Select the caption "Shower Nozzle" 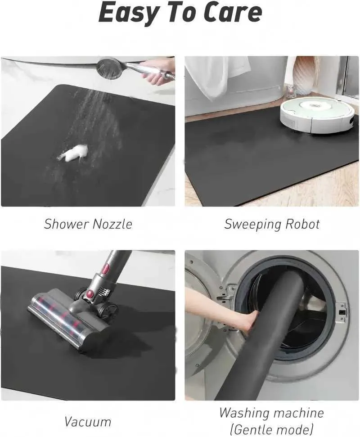pyautogui.click(x=88, y=224)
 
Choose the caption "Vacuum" pyautogui.click(x=87, y=422)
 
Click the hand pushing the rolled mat pyautogui.click(x=246, y=320)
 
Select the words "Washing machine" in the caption pyautogui.click(x=271, y=413)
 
